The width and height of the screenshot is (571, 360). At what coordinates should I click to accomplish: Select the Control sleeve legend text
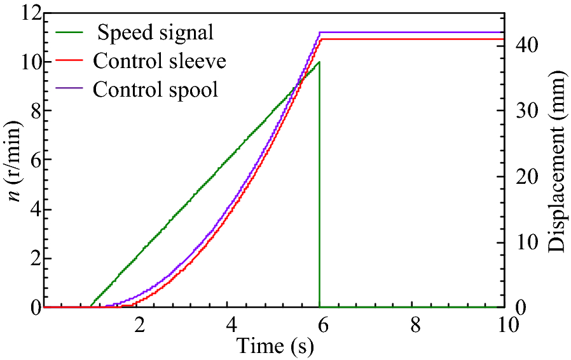pos(160,60)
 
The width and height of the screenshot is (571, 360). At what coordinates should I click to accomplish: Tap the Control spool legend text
pos(155,89)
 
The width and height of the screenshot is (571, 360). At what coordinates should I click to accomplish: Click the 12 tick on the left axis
pos(25,13)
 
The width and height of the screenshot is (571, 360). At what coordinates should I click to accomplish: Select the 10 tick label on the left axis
pos(25,62)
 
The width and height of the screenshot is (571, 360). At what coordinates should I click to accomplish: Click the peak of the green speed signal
pos(319,62)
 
